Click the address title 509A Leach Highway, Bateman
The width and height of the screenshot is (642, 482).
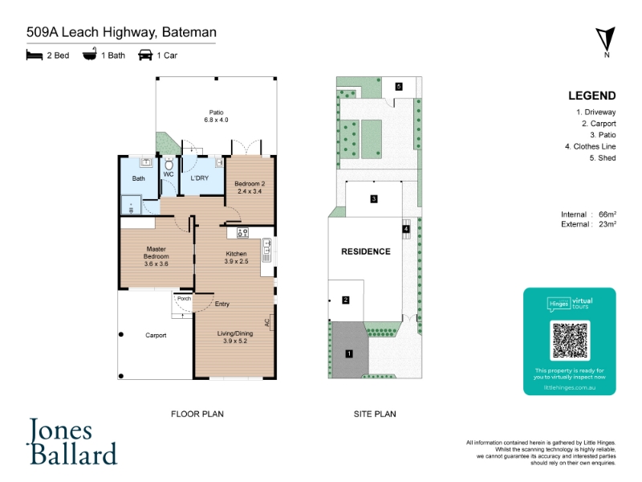[120, 33]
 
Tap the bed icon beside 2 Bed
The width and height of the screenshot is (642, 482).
[33, 55]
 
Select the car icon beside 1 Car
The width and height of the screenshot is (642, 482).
[145, 55]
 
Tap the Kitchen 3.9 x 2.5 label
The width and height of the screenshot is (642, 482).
[236, 258]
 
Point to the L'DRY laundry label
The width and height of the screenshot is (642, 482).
[200, 178]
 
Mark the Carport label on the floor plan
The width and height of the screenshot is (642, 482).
[156, 335]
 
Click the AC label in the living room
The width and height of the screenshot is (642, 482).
[268, 322]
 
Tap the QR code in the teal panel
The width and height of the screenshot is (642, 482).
[569, 341]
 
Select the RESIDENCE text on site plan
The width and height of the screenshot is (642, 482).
[366, 251]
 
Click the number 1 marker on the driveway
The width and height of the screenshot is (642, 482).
[349, 353]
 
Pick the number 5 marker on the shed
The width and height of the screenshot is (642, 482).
[399, 86]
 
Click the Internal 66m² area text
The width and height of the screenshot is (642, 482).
[588, 214]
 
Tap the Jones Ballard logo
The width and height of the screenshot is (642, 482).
[73, 442]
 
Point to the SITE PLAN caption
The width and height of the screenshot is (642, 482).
[375, 415]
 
